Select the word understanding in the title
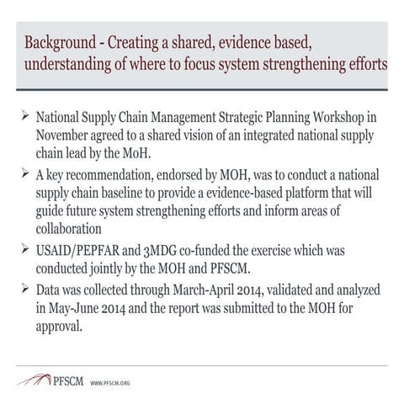point(70,64)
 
